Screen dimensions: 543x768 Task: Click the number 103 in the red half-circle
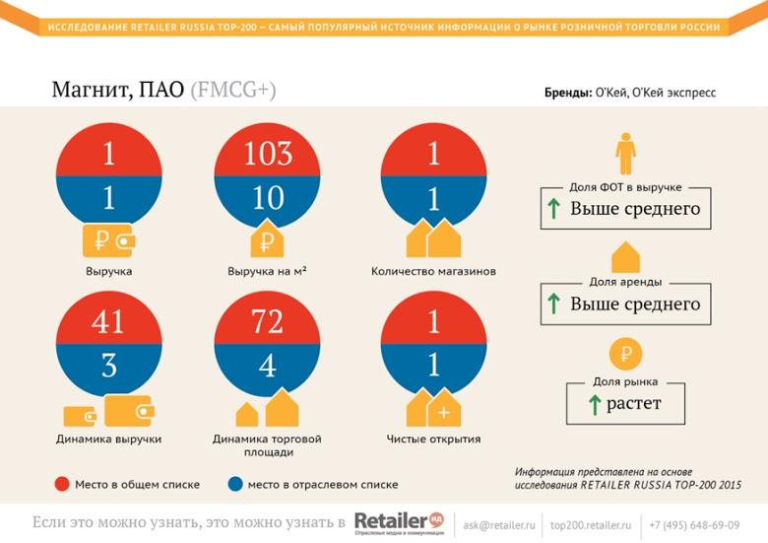[268, 155]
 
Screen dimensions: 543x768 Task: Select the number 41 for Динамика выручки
[108, 321]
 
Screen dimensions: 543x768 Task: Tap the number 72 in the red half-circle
[268, 321]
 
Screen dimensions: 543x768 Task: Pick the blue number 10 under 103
[268, 199]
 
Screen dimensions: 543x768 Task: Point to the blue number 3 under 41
[108, 366]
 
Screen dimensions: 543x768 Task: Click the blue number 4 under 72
[268, 366]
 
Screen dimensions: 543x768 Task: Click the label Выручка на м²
[267, 271]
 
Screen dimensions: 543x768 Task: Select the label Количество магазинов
[433, 271]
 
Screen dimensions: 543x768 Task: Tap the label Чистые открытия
[433, 439]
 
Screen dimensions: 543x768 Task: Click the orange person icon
[625, 155]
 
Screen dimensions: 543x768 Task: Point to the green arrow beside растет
[594, 404]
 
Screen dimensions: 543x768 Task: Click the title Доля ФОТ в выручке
[625, 187]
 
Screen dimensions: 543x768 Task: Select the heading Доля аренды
[625, 282]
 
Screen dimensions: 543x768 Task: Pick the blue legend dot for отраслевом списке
[235, 484]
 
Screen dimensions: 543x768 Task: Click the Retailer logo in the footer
[399, 522]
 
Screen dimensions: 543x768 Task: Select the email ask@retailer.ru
[499, 525]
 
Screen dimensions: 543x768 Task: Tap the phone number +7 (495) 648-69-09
[700, 525]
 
